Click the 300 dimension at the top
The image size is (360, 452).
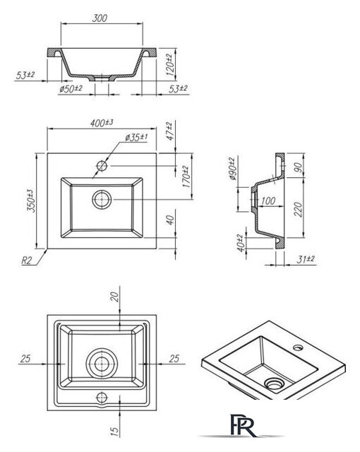click(x=100, y=18)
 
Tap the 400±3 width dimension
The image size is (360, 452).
click(x=102, y=123)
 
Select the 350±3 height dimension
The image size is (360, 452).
click(x=31, y=201)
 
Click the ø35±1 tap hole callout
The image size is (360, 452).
click(x=136, y=138)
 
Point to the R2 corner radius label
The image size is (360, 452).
click(x=26, y=261)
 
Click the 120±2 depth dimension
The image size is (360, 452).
click(x=170, y=65)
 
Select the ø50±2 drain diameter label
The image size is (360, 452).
click(x=71, y=88)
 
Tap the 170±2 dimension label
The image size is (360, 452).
click(x=186, y=177)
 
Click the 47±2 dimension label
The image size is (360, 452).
click(x=171, y=131)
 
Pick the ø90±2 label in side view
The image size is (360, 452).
click(x=232, y=168)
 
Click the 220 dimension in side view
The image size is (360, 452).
click(x=299, y=209)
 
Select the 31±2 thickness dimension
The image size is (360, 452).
click(x=306, y=259)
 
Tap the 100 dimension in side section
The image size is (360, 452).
click(x=268, y=201)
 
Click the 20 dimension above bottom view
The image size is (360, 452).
click(x=115, y=297)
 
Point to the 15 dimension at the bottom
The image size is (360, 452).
click(x=114, y=432)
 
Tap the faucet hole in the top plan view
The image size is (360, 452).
click(x=102, y=166)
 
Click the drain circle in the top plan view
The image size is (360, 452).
click(x=102, y=199)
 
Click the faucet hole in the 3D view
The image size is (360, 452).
click(x=299, y=347)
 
